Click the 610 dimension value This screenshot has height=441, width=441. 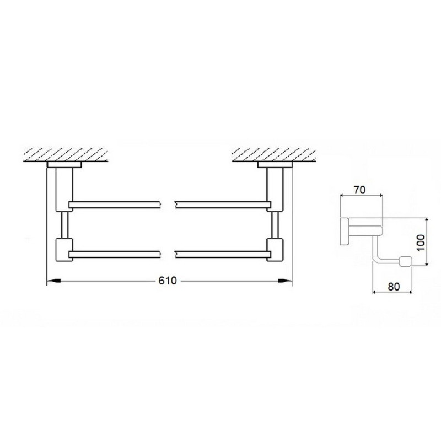168,281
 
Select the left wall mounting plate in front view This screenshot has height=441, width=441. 64,164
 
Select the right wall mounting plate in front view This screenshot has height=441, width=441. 273,164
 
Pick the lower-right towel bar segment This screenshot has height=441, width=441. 220,254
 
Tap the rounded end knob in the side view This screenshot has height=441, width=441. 407,261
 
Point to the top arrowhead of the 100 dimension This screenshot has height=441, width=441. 425,219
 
